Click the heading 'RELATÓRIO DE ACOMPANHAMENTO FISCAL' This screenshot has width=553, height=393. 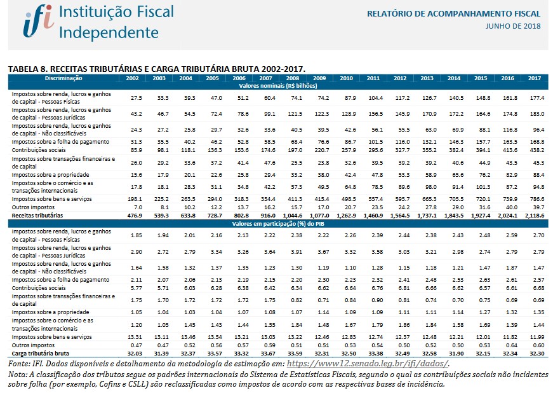[x=454, y=13]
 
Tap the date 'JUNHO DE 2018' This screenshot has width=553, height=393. [x=512, y=25]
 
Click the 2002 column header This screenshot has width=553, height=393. [x=133, y=78]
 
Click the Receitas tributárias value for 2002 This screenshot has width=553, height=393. [x=133, y=216]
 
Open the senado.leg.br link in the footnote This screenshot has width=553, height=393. [x=368, y=363]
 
